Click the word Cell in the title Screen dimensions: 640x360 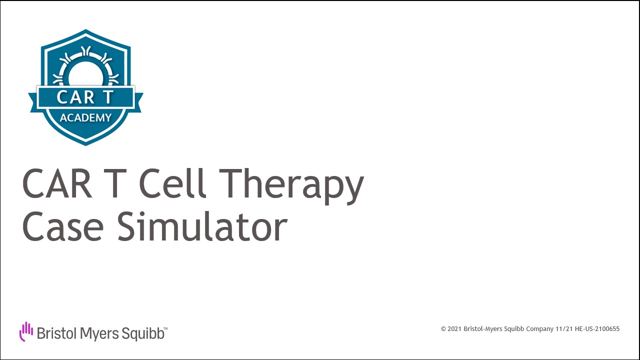pyautogui.click(x=172, y=183)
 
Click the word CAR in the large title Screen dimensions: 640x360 pyautogui.click(x=57, y=183)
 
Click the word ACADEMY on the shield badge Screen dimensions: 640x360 pyautogui.click(x=85, y=117)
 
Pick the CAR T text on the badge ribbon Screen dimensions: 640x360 pyautogui.click(x=85, y=97)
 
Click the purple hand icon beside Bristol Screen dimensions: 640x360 pyautogui.click(x=26, y=331)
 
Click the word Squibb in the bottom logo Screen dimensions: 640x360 pyautogui.click(x=143, y=334)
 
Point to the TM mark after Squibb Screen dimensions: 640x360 pyautogui.click(x=165, y=329)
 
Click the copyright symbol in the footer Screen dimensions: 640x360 pyautogui.click(x=443, y=329)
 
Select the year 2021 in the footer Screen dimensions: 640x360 pyautogui.click(x=454, y=329)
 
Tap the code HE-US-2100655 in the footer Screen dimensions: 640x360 pyautogui.click(x=597, y=329)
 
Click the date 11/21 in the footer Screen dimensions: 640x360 pyautogui.click(x=564, y=329)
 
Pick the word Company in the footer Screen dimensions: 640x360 pyautogui.click(x=539, y=329)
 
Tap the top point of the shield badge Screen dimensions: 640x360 pyautogui.click(x=85, y=29)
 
